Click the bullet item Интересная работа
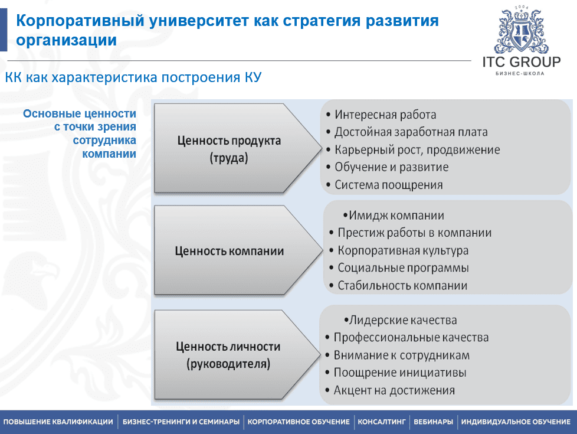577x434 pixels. point(385,115)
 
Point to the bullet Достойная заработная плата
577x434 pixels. point(411,132)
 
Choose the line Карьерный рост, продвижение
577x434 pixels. point(417,150)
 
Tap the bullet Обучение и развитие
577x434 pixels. point(392,167)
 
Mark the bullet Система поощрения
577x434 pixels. point(389,185)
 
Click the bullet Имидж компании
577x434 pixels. point(396,216)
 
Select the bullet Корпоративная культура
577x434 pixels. point(403,250)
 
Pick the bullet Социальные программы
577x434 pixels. point(404,268)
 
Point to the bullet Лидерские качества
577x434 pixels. point(403,320)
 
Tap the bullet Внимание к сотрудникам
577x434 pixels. point(401,355)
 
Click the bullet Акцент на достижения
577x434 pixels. point(394,390)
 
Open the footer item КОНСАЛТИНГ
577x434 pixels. point(382,422)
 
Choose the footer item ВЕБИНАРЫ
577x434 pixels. point(433,422)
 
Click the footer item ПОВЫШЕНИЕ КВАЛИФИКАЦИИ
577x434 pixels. point(58,422)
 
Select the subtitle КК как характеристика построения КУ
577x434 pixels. point(133,77)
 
